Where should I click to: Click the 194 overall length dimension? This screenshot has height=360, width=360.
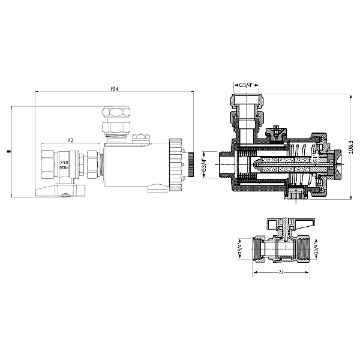tap(114, 89)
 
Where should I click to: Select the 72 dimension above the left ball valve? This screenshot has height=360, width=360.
tap(70, 140)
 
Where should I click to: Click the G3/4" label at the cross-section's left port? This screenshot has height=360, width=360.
tap(204, 163)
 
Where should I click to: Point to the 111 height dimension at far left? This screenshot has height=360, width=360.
tap(8, 152)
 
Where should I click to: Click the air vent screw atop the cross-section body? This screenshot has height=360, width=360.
tap(276, 130)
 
